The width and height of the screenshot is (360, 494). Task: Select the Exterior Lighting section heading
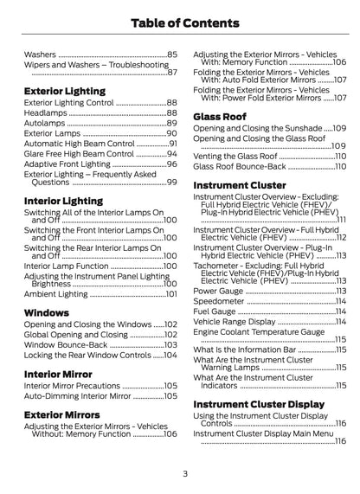coord(65,90)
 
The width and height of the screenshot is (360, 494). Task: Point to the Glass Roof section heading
coord(219,115)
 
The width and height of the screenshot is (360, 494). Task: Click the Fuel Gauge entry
coord(215,312)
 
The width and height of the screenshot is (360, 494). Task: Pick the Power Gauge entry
coord(219,292)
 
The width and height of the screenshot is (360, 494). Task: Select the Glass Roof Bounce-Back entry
coord(238,166)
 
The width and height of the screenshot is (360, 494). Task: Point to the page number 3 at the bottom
coord(184,473)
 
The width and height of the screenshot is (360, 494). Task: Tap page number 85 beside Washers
coord(171,54)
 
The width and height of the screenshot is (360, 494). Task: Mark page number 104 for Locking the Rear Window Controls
coord(170,355)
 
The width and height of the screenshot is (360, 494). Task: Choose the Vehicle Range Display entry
coord(234,323)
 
